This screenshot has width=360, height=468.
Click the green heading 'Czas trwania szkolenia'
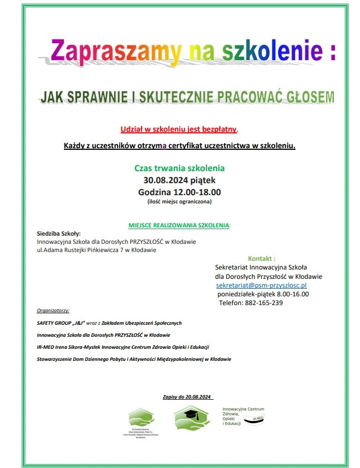tap(179, 168)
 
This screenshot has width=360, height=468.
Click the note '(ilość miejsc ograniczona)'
tap(179, 202)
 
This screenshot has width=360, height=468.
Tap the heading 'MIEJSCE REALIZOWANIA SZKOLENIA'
tap(179, 225)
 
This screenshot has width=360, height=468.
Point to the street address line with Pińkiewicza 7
tap(96, 250)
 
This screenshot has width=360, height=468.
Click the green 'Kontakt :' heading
tap(262, 258)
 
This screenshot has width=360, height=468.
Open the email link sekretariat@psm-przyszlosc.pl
tap(261, 285)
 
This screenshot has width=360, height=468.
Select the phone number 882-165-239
tap(264, 303)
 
